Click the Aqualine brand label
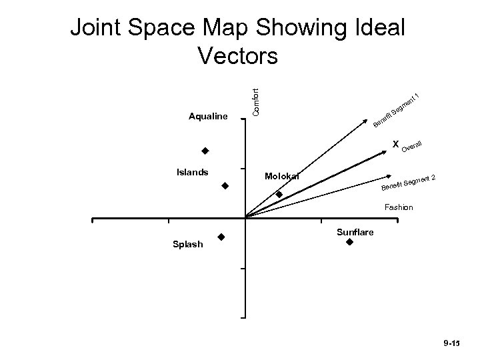pyautogui.click(x=209, y=117)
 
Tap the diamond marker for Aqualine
pyautogui.click(x=205, y=150)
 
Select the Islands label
pyautogui.click(x=192, y=172)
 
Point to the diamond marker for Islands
pyautogui.click(x=225, y=185)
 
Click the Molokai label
pyautogui.click(x=282, y=176)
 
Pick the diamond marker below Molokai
pyautogui.click(x=279, y=195)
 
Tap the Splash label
pyautogui.click(x=187, y=245)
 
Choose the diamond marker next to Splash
pyautogui.click(x=221, y=237)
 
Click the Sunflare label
pyautogui.click(x=355, y=232)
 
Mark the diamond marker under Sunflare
pyautogui.click(x=349, y=243)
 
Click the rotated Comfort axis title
pyautogui.click(x=256, y=97)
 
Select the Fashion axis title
pyautogui.click(x=398, y=207)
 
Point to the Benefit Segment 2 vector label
pyautogui.click(x=409, y=181)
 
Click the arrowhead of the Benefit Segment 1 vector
pyautogui.click(x=367, y=121)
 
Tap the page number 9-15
pyautogui.click(x=451, y=343)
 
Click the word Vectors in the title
pyautogui.click(x=238, y=56)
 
